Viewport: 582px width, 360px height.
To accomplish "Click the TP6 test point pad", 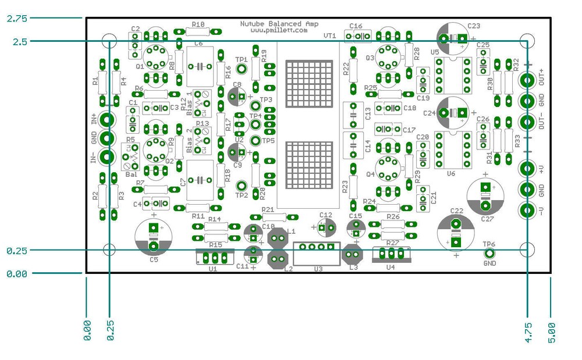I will click(489, 253).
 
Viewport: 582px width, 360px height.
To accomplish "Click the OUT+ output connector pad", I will click(527, 80).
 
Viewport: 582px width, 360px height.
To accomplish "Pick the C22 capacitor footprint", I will click(456, 232).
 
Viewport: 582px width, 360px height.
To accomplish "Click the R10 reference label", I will click(198, 24).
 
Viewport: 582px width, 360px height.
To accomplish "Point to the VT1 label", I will click(329, 36).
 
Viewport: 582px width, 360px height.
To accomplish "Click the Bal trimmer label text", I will click(132, 174).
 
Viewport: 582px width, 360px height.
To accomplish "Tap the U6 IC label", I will click(450, 173).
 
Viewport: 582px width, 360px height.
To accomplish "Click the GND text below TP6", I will click(489, 263).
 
